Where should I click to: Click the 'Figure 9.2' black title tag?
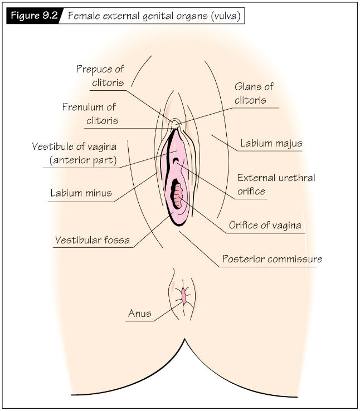(x=34, y=16)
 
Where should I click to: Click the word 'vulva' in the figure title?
(x=226, y=16)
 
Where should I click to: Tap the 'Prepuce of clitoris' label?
(x=100, y=76)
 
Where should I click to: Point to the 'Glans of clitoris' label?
(x=254, y=93)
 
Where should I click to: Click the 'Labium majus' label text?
(x=271, y=143)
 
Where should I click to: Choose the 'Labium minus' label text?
(x=81, y=193)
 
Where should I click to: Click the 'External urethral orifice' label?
(x=276, y=184)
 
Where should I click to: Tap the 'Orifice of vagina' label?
(x=265, y=225)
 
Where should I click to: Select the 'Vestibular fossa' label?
(x=93, y=240)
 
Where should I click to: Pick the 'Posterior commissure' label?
(x=272, y=259)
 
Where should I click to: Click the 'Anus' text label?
(x=140, y=313)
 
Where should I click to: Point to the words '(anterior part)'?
(x=83, y=160)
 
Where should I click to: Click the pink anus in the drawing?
(x=183, y=296)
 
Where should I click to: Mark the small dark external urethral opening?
(x=176, y=160)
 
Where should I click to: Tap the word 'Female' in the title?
(x=84, y=16)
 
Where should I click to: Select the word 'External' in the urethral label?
(x=257, y=178)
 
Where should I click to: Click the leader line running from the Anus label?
(x=168, y=311)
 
